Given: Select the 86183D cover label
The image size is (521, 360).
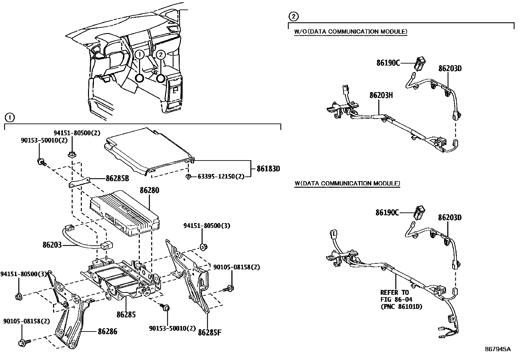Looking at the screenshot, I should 268,169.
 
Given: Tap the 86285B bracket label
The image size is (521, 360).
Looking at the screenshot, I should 117,179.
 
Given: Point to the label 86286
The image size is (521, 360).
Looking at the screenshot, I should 107,332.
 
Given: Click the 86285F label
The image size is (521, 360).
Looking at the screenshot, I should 210,333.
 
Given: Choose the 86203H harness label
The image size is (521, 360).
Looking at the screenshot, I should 381,95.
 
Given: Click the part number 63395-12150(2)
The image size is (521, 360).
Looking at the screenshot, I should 221,177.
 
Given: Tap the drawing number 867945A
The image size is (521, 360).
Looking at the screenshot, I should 497,349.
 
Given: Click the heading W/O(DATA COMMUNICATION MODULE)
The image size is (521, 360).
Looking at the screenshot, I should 351,31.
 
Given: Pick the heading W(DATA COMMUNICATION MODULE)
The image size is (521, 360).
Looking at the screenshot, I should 347,183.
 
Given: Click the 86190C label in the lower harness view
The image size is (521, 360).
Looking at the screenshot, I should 387,213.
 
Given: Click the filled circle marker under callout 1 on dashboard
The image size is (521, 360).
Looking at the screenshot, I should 140,78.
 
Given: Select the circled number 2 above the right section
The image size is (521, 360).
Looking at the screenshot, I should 294,16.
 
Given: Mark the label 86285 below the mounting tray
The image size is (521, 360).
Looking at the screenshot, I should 126,315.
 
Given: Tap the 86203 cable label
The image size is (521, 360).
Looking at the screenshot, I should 52,245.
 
